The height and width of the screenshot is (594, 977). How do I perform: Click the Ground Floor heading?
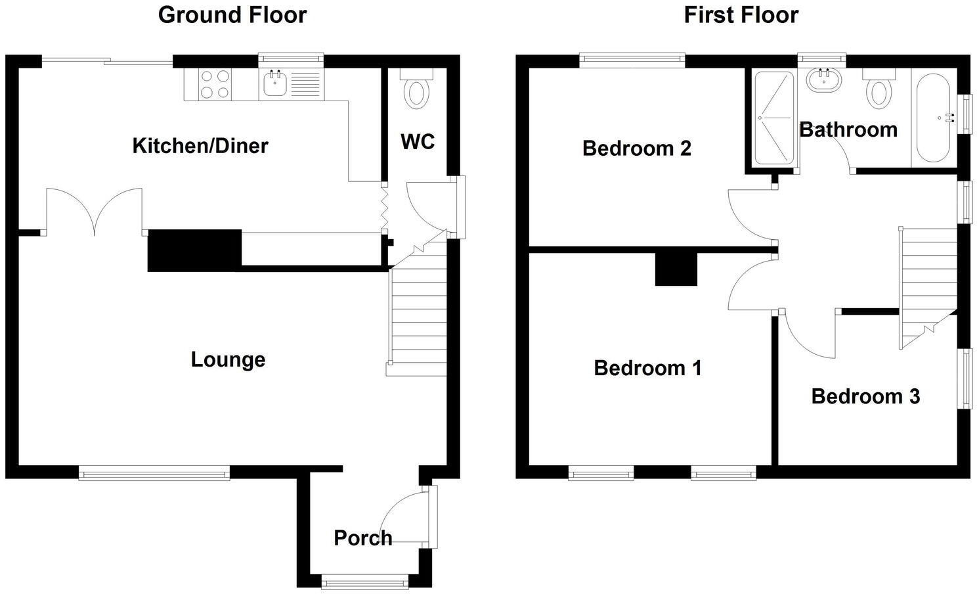coord(232,14)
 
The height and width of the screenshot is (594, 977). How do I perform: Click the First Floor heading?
coord(741,14)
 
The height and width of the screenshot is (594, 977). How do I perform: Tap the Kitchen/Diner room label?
coord(200,145)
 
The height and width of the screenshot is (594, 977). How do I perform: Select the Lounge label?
coord(228,359)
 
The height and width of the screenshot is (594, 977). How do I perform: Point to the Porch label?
coord(362,537)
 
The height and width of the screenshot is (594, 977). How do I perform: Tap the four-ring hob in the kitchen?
coord(215,85)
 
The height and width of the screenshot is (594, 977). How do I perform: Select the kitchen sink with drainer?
coord(292,85)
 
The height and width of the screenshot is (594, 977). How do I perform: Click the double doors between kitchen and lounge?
coord(95,210)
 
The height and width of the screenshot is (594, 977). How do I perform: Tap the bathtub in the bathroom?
coord(933,118)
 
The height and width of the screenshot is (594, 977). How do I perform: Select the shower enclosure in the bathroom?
coord(773,118)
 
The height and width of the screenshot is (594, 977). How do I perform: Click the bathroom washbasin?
coord(821,80)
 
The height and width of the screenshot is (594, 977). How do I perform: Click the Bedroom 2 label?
coord(636,148)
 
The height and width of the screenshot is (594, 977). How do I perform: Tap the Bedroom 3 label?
coord(865,396)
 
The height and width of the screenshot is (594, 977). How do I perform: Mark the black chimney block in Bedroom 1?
coord(676,269)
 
